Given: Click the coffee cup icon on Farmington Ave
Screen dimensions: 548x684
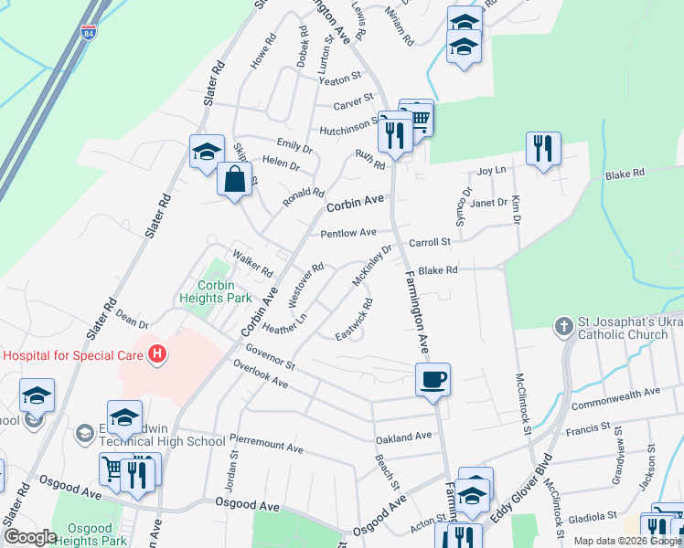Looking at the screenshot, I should click(x=433, y=378).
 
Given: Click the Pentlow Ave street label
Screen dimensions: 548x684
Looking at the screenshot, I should click(x=348, y=233).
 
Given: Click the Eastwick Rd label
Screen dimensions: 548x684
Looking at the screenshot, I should click(x=354, y=319).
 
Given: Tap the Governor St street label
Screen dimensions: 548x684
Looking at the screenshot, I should click(x=270, y=354).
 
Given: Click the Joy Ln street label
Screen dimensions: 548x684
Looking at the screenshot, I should click(x=492, y=171).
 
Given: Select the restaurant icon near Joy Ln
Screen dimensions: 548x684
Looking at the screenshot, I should click(x=543, y=148).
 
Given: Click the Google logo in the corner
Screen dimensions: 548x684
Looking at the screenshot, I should click(x=30, y=536).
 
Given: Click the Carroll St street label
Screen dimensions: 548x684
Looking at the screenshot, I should click(x=430, y=242).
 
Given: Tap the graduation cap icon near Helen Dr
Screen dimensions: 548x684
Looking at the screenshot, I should click(x=207, y=151).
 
